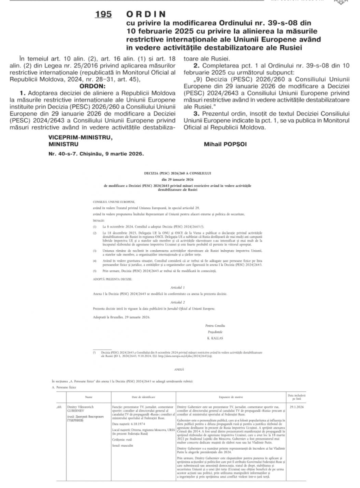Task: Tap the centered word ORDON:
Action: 92,86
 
